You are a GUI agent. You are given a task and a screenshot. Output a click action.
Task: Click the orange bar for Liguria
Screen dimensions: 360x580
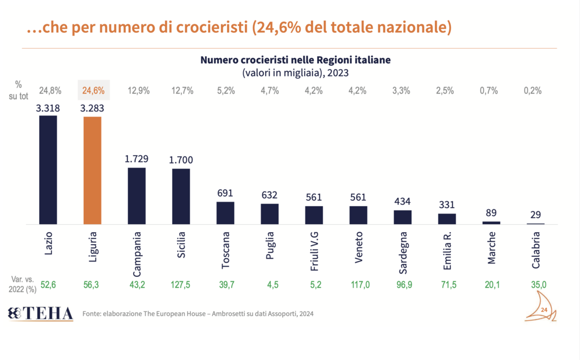92,170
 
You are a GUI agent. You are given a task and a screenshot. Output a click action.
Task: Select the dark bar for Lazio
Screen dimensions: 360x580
48,170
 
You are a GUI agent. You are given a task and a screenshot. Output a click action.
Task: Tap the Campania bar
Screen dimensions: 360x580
137,196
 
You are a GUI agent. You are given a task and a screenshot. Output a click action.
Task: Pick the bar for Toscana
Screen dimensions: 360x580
225,213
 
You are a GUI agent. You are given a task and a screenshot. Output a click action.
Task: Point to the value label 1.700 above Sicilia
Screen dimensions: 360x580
181,161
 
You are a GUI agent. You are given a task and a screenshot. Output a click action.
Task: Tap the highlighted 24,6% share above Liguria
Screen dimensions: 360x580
93,90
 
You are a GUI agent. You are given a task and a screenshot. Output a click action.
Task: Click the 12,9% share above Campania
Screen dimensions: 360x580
138,90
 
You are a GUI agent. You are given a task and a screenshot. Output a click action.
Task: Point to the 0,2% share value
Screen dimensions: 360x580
533,90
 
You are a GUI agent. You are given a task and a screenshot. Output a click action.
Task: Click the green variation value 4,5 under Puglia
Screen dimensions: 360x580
270,285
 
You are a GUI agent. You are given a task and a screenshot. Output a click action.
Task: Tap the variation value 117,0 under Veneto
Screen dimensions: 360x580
359,285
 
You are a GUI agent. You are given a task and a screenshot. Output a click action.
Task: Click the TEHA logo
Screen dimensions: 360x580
40,313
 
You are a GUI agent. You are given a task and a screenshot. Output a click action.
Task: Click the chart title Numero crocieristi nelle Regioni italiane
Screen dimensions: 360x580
295,60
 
